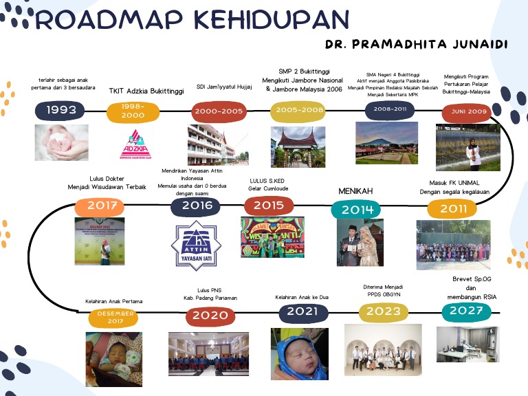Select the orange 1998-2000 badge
133,111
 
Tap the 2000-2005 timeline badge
219,109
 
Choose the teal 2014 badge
355,209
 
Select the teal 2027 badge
467,311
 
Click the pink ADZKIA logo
133,144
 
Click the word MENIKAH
355,190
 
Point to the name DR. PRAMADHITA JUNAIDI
417,44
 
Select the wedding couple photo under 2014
360,244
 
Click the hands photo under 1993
61,142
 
